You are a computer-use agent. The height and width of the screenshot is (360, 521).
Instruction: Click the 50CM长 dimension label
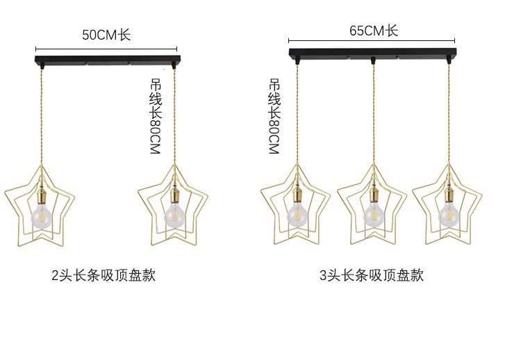(106, 35)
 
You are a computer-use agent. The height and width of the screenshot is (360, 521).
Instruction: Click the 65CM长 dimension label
(373, 31)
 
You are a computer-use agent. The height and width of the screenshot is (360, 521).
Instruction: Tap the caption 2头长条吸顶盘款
(104, 275)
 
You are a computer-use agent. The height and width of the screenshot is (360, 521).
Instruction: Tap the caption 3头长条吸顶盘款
(371, 275)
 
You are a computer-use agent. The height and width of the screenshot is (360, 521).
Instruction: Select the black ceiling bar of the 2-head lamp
(107, 60)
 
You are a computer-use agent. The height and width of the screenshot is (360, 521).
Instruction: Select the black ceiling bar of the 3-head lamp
(373, 54)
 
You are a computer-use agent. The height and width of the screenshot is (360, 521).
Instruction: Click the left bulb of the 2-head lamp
(40, 215)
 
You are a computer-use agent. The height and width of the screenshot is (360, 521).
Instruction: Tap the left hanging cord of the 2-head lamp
(40, 118)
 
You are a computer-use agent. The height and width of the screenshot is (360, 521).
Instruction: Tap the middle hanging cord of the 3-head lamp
(373, 118)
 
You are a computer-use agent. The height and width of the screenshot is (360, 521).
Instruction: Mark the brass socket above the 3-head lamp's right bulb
(449, 192)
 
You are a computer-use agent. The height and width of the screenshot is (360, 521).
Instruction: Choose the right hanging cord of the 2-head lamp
(174, 118)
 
